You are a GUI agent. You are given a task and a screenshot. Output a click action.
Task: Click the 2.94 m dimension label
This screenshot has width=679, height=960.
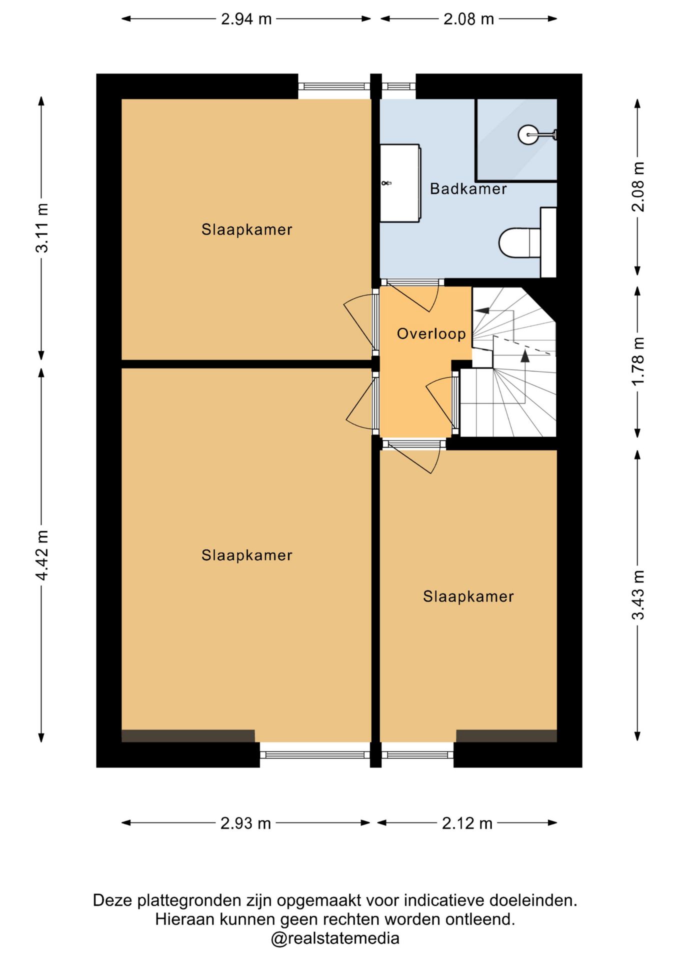[x=246, y=19]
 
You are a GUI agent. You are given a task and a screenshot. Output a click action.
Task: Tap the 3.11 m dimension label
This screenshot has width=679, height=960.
[x=42, y=228]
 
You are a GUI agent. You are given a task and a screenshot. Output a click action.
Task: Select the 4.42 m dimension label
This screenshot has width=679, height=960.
[x=42, y=555]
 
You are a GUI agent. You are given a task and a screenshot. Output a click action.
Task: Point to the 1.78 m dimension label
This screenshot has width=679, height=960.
[x=638, y=361]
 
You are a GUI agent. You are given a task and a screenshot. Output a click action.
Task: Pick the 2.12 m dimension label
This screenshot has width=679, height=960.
[x=467, y=823]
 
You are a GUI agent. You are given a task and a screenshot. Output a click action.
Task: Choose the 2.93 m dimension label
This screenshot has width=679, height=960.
[x=245, y=823]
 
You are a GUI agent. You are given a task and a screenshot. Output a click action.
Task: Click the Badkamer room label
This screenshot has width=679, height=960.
[x=468, y=189]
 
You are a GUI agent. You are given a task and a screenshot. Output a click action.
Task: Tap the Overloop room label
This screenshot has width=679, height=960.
[x=431, y=333]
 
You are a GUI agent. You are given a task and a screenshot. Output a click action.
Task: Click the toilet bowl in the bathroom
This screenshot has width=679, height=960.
[x=519, y=243]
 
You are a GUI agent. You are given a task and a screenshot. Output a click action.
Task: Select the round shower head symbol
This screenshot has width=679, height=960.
[x=528, y=134]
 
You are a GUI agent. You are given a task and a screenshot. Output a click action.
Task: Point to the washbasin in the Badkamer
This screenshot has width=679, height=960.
[x=400, y=183]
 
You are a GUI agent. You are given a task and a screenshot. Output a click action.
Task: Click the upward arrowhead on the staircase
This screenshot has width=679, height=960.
[x=525, y=355]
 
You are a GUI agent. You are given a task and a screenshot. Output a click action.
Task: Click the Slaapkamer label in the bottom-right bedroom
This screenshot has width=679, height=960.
[x=468, y=596]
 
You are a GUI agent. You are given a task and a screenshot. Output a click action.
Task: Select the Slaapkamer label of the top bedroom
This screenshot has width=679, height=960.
[x=246, y=229]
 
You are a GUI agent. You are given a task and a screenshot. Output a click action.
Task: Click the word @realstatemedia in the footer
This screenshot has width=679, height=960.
[x=335, y=938]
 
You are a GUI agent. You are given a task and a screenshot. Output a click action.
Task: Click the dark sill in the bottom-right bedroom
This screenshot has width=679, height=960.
[x=506, y=736]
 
